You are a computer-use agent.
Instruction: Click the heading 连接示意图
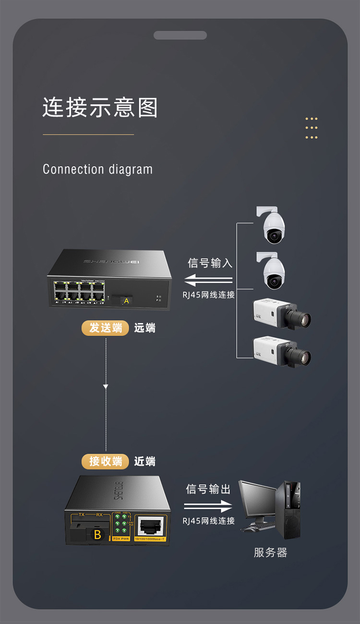pos(100,108)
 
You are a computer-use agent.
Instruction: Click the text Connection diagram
pos(97,169)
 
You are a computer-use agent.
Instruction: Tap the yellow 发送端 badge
pos(106,328)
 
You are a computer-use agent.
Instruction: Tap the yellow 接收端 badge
pos(106,461)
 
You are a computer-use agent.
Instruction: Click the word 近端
pos(144,461)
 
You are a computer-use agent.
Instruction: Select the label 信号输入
pos(210,263)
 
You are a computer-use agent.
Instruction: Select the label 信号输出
pos(208,489)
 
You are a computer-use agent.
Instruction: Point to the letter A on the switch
pos(126,301)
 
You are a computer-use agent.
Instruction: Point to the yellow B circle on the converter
pos(97,536)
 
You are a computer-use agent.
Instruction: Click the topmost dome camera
pos(273,226)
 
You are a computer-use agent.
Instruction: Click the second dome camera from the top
pos(273,271)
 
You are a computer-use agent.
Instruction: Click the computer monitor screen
pos(257,499)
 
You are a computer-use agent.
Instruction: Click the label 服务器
pos(270,552)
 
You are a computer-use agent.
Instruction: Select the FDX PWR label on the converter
pos(121,539)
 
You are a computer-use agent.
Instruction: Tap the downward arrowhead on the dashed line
pos(106,386)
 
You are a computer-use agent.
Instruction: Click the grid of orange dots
pos(312,128)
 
